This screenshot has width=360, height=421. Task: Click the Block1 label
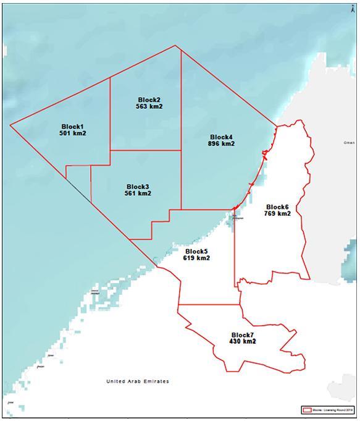point(72,126)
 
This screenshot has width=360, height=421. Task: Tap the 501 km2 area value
point(72,134)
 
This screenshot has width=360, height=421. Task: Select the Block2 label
point(149,100)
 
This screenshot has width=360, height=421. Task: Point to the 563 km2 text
point(149,107)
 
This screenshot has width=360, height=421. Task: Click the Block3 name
point(138,186)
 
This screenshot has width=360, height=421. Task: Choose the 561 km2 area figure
point(138,193)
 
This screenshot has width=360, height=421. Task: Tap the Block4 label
point(221,137)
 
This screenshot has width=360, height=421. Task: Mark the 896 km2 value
point(221,144)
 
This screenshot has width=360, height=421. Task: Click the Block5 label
point(196,251)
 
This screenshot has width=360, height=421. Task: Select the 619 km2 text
point(196,258)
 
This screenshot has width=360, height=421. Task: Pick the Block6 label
point(277,206)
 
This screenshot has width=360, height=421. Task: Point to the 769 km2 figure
point(277,214)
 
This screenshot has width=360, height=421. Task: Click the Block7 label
point(243,334)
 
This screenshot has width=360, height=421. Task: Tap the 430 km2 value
point(243,341)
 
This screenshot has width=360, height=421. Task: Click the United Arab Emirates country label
point(138,381)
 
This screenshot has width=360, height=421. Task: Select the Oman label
point(349,142)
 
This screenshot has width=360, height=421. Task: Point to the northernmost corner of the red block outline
point(176,46)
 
